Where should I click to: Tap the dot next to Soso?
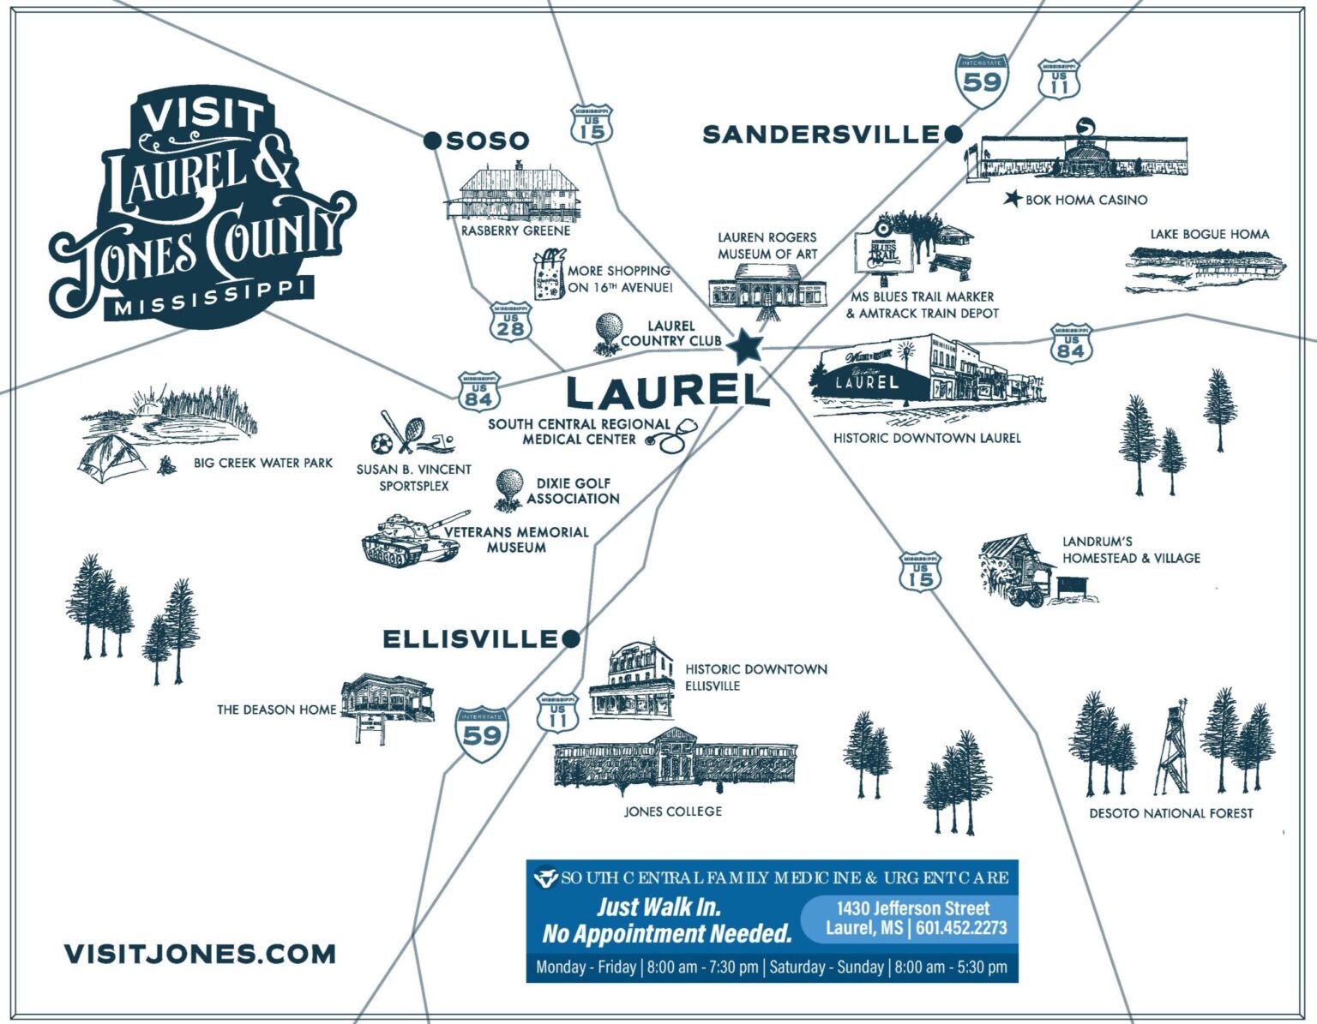(x=433, y=141)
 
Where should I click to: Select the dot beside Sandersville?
(x=953, y=134)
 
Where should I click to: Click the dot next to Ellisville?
(x=571, y=638)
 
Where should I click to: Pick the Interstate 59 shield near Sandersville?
(x=981, y=81)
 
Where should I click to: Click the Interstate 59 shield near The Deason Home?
(x=482, y=734)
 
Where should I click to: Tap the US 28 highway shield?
(x=510, y=322)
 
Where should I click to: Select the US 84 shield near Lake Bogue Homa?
(x=1070, y=344)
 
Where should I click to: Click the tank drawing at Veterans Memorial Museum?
(x=408, y=540)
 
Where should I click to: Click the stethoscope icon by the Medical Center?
(x=673, y=436)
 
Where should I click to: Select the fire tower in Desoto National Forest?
(x=1171, y=750)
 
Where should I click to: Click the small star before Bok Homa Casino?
(x=1013, y=199)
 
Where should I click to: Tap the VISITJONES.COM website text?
(x=200, y=954)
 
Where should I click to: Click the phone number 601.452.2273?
(x=961, y=928)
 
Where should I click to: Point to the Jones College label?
(x=672, y=811)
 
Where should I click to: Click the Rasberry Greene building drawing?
(x=514, y=193)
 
